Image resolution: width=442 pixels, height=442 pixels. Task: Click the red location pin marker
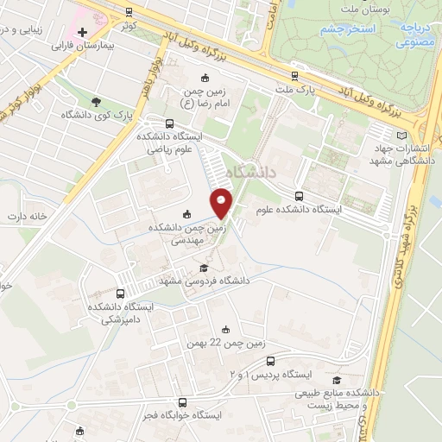click(223, 203)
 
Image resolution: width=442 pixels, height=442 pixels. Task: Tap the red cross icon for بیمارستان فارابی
click(82, 31)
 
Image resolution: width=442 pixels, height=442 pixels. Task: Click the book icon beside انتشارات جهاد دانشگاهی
click(399, 136)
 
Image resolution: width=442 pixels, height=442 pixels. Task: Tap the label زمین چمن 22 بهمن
click(227, 343)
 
